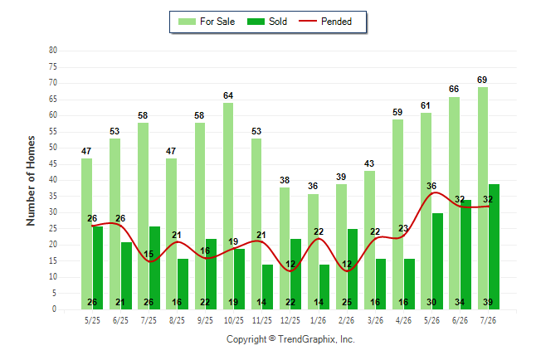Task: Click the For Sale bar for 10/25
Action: [x=228, y=207]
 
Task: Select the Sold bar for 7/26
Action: [x=494, y=247]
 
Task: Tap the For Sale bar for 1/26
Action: [x=313, y=251]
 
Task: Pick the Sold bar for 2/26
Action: [x=353, y=269]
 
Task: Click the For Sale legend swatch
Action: [x=187, y=22]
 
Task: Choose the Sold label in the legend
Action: [x=278, y=22]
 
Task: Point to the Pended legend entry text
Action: [x=336, y=22]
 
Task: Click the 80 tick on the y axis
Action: [x=53, y=51]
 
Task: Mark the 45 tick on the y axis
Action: [x=53, y=163]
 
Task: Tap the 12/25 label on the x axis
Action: [x=290, y=320]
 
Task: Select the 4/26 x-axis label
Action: [x=403, y=320]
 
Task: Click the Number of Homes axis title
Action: [x=31, y=181]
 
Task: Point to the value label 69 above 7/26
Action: [x=482, y=80]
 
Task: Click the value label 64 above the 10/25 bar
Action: [x=228, y=95]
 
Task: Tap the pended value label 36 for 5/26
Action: [x=431, y=186]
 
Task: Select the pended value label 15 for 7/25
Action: [x=149, y=254]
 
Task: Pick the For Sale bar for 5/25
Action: [x=86, y=234]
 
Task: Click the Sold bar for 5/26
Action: [x=437, y=261]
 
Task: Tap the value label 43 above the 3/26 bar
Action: [x=369, y=163]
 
